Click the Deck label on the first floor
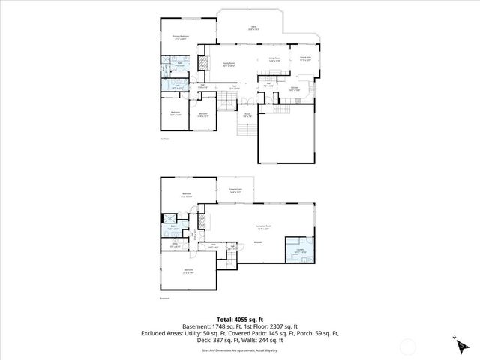(253, 28)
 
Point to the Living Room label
(274, 58)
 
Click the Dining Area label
(305, 58)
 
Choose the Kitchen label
(295, 88)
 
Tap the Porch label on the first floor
(247, 115)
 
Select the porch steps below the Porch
(245, 130)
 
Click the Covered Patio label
(235, 191)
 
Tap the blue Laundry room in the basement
(299, 252)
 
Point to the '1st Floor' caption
(164, 139)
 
